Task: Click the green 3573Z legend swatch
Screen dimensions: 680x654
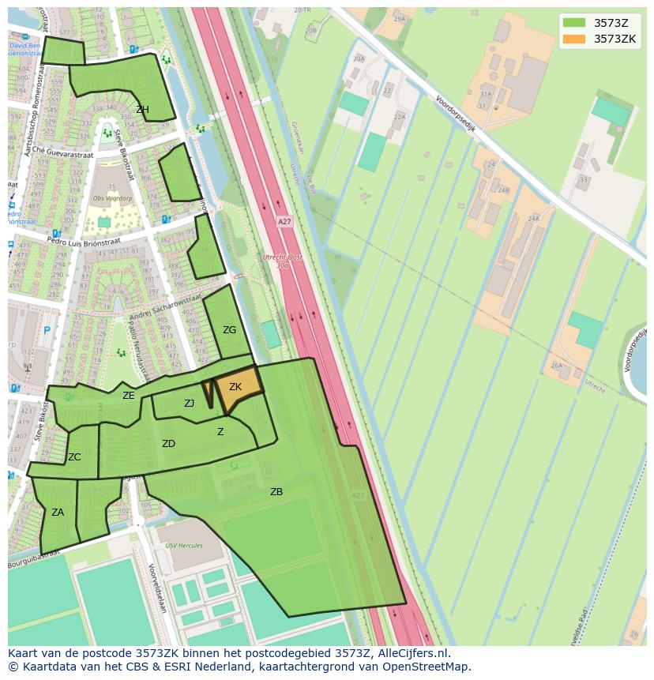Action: coord(574,23)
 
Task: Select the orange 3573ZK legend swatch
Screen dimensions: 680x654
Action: coord(574,39)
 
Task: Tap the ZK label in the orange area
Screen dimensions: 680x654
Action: coord(235,387)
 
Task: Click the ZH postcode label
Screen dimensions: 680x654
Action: coord(142,110)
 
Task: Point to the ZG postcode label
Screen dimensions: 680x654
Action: coord(229,330)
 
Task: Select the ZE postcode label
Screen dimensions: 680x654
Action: coord(129,396)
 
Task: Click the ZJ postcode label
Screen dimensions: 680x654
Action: coord(190,404)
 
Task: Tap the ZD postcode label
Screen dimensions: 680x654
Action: coord(168,444)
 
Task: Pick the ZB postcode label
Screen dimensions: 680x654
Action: coord(276,492)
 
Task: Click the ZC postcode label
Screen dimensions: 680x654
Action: coord(74,457)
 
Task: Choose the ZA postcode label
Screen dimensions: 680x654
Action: coord(58,513)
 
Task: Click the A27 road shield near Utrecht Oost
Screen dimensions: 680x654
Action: coord(284,222)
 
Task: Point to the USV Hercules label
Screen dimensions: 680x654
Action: coord(183,545)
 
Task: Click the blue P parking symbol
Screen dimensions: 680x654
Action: coord(47,332)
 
